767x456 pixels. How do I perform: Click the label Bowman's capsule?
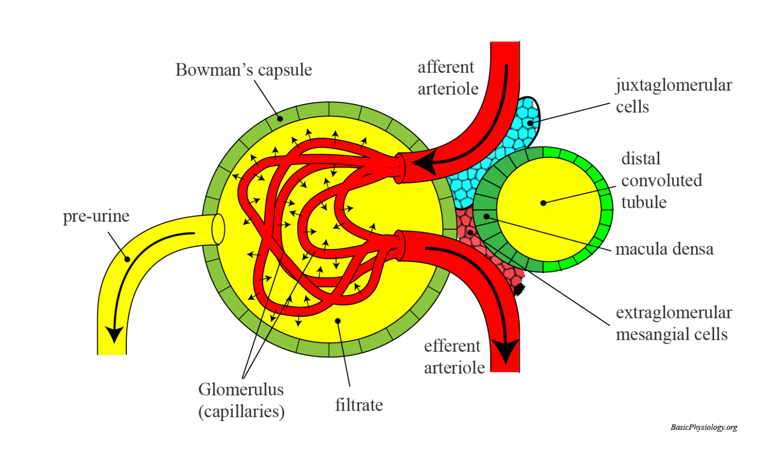244,70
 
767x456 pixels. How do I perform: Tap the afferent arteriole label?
447,78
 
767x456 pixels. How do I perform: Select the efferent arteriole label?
454,356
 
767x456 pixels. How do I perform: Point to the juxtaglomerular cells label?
673,96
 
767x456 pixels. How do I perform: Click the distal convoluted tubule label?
661,180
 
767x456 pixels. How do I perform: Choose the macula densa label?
664,249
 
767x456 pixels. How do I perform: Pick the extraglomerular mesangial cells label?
673,323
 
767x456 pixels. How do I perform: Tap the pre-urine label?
96,216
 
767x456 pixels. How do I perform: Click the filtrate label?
359,405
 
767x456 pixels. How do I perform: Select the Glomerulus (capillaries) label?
241,400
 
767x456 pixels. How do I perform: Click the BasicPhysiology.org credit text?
704,427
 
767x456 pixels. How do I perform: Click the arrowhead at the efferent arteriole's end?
505,352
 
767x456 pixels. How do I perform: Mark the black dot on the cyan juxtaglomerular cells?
530,123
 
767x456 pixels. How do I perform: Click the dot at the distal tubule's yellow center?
543,203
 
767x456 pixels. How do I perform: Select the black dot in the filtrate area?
338,321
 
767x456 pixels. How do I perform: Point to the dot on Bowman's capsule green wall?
280,119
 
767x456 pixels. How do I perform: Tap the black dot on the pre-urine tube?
127,259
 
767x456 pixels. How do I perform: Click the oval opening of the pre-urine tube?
218,229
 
